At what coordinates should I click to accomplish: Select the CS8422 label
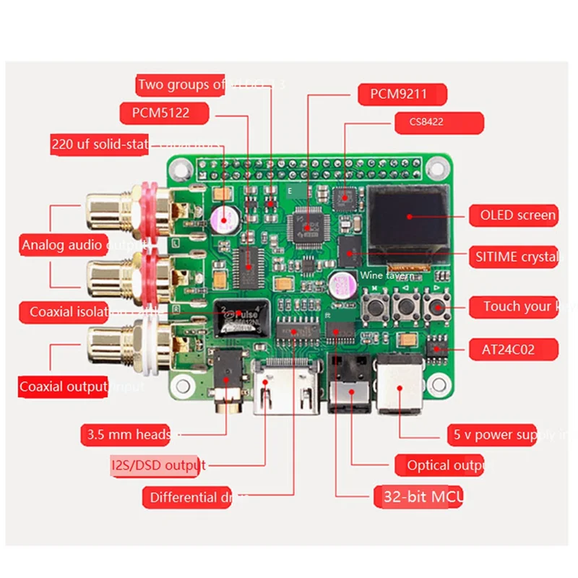tap(428, 122)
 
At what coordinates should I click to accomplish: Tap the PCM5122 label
tap(165, 113)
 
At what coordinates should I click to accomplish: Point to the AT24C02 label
tap(513, 349)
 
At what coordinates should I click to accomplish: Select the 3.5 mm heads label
tap(129, 434)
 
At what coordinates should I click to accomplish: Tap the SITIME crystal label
tap(516, 256)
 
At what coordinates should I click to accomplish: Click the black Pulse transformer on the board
tap(238, 316)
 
